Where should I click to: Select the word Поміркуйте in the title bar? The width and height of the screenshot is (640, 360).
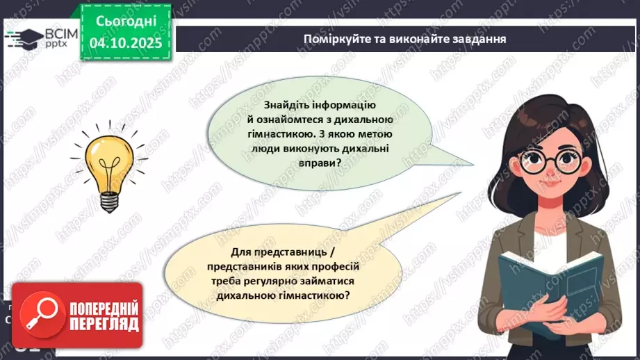pyautogui.click(x=331, y=38)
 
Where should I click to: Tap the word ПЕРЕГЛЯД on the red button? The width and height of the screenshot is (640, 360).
pyautogui.click(x=105, y=324)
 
